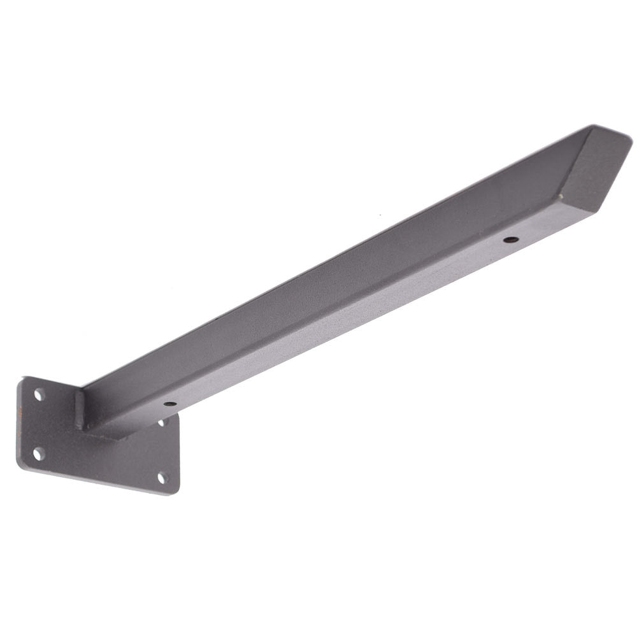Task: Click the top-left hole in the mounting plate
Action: point(39,395)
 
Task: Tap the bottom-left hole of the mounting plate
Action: point(38,454)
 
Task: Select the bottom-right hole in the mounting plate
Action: point(162,476)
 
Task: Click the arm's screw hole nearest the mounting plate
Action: point(170,404)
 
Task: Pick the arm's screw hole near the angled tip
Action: point(511,240)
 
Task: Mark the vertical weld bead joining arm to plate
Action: point(80,410)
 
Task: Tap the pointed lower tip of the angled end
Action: point(596,212)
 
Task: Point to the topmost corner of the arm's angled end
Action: point(594,125)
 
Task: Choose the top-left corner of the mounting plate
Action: point(23,378)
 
